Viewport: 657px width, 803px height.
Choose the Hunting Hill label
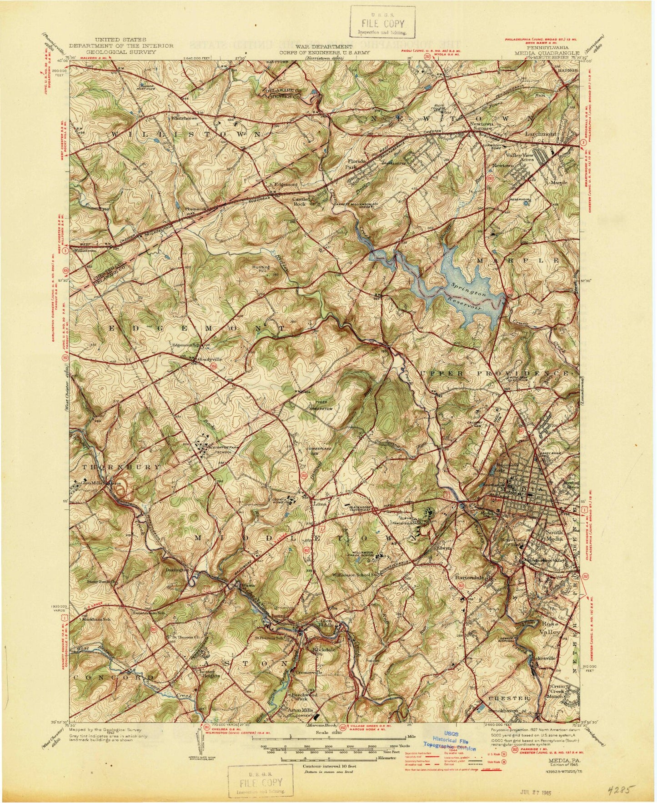(x=261, y=270)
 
